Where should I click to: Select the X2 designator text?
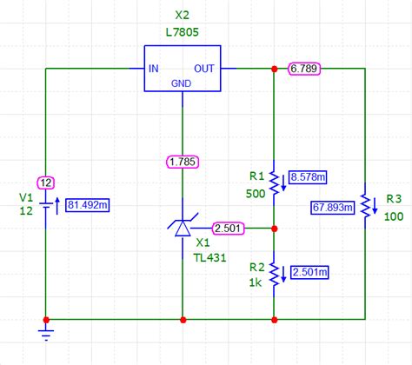click(x=182, y=15)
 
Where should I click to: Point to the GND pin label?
click(x=182, y=83)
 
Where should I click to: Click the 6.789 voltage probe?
click(x=304, y=67)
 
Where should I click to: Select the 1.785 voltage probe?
click(x=183, y=161)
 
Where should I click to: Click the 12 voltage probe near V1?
click(x=46, y=182)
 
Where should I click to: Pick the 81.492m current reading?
click(x=89, y=205)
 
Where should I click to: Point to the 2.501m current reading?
click(x=310, y=273)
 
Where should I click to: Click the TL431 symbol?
click(x=183, y=228)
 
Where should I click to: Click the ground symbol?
click(x=45, y=331)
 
